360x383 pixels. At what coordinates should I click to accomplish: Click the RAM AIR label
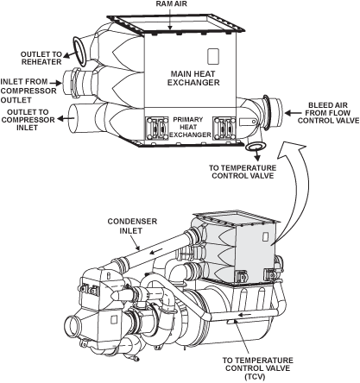(x=171, y=3)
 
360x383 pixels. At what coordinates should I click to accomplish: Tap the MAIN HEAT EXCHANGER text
(x=193, y=78)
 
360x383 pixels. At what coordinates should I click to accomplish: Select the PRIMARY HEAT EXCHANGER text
(x=190, y=127)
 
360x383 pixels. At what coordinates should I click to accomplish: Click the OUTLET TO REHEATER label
(x=41, y=58)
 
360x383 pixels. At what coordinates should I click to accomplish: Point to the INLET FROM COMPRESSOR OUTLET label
(x=28, y=91)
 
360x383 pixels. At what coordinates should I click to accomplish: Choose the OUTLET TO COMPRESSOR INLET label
(x=28, y=120)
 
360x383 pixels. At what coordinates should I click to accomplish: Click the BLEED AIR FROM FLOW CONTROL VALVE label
(x=328, y=113)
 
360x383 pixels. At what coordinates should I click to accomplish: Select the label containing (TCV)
(x=257, y=368)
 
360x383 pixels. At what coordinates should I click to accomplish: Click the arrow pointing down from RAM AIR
(x=170, y=19)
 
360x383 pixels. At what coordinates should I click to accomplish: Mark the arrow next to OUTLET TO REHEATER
(x=68, y=54)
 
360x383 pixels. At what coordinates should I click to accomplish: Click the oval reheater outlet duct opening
(x=80, y=51)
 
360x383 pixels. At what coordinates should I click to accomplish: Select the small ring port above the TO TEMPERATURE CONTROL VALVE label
(x=256, y=147)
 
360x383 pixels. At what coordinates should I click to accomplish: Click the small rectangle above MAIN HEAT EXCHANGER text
(x=213, y=56)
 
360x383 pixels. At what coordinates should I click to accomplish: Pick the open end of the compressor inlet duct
(x=73, y=118)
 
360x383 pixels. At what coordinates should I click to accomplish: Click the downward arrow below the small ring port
(x=257, y=156)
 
